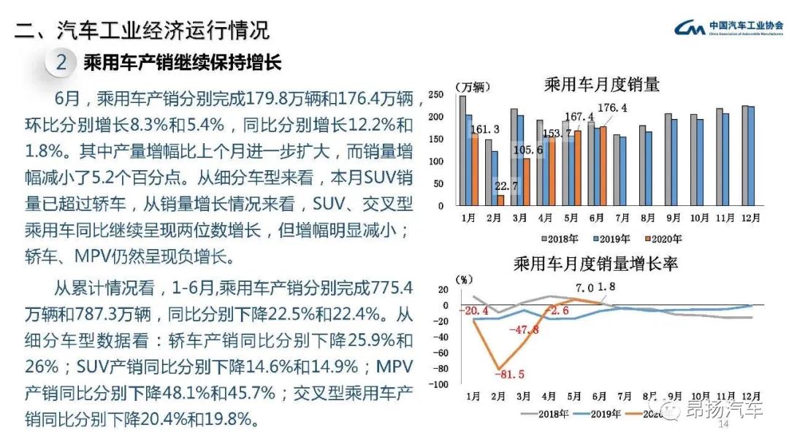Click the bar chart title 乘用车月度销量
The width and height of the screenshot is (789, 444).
(602, 84)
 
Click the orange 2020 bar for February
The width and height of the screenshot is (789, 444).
(500, 200)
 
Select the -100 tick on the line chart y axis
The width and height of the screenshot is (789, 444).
(440, 384)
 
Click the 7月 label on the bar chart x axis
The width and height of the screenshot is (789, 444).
(622, 218)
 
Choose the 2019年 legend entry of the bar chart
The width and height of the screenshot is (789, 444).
(608, 238)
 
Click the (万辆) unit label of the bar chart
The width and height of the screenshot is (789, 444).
(473, 86)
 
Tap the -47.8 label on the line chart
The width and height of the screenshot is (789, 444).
(526, 330)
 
